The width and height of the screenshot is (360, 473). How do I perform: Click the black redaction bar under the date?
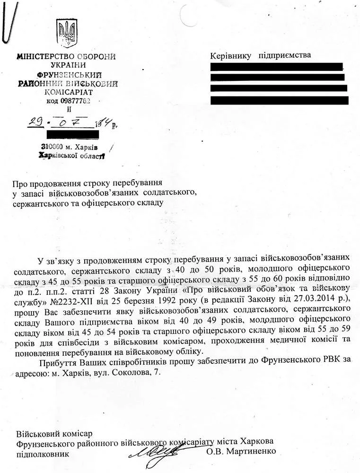pos(73,134)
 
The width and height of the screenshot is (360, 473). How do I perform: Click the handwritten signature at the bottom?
pos(157,452)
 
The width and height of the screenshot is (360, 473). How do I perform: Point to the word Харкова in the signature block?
pos(256,441)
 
